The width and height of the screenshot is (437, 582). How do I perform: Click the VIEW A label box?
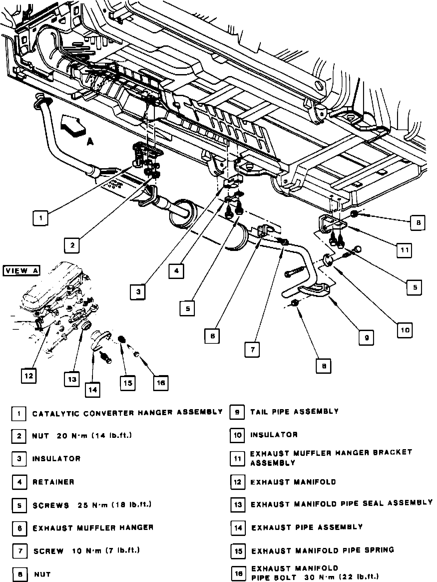pyautogui.click(x=21, y=270)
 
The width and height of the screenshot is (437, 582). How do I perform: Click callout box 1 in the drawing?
pyautogui.click(x=41, y=219)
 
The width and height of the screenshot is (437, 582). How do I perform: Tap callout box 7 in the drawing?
pyautogui.click(x=252, y=350)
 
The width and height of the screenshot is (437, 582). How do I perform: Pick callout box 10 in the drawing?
pyautogui.click(x=405, y=330)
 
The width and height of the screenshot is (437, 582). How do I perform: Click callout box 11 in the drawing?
pyautogui.click(x=404, y=250)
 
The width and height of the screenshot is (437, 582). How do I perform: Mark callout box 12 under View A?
pyautogui.click(x=29, y=376)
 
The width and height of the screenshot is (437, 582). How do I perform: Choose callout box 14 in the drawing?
pyautogui.click(x=93, y=389)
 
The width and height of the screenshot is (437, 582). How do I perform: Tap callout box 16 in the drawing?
pyautogui.click(x=161, y=383)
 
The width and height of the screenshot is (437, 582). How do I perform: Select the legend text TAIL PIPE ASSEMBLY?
pyautogui.click(x=294, y=411)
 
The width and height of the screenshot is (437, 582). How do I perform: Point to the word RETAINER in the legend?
pyautogui.click(x=53, y=482)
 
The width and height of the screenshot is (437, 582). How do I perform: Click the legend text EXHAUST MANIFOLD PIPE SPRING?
pyautogui.click(x=322, y=550)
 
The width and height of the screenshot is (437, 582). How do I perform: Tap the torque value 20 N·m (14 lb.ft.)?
pyautogui.click(x=95, y=435)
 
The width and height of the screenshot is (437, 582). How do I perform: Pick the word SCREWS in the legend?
pyautogui.click(x=51, y=505)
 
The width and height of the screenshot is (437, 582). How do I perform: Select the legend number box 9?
pyautogui.click(x=237, y=412)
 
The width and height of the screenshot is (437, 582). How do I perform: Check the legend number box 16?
pyautogui.click(x=238, y=573)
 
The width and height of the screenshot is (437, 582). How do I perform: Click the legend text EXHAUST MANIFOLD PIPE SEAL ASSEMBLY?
pyautogui.click(x=341, y=504)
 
